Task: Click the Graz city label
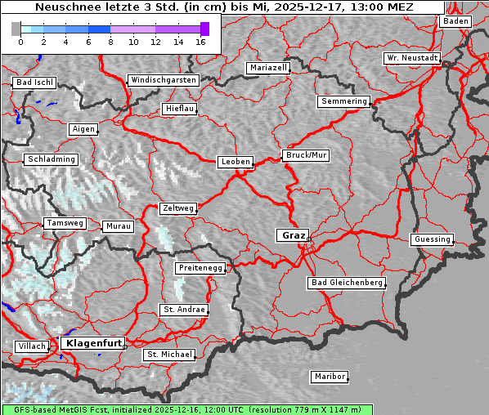292,235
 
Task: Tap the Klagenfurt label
94,343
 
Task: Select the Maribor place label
330,377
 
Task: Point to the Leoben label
236,162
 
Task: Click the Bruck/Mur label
305,154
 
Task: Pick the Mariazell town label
268,68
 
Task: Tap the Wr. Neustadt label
411,59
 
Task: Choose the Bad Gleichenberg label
346,283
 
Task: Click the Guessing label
431,239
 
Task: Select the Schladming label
51,159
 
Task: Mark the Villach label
31,346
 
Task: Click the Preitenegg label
200,268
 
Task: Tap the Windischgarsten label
163,80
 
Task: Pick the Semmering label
343,101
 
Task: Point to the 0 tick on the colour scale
20,42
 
